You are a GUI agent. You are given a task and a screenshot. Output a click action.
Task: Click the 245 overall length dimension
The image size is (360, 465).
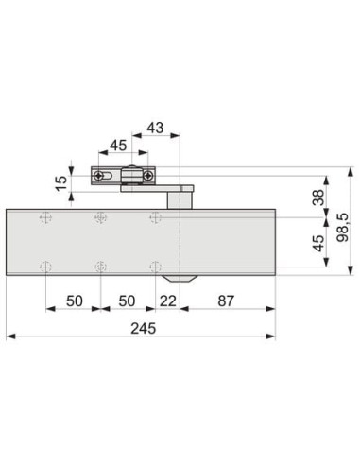(144, 328)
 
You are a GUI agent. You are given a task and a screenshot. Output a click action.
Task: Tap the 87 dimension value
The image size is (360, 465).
(226, 301)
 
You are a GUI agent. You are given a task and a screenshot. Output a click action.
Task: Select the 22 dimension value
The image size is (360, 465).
(167, 301)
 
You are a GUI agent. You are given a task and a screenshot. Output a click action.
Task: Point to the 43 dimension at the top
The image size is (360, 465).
(156, 128)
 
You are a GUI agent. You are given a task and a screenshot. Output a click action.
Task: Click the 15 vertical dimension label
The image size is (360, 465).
(61, 183)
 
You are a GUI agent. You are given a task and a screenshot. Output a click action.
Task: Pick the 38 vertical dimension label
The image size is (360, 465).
(318, 198)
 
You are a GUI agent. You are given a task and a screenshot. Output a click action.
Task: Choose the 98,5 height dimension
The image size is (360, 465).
(343, 228)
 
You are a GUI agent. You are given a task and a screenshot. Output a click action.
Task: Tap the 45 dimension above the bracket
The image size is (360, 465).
(118, 146)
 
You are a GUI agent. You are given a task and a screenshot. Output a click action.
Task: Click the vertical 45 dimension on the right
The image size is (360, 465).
(318, 243)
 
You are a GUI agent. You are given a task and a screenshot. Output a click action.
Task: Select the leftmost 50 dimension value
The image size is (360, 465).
(75, 301)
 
